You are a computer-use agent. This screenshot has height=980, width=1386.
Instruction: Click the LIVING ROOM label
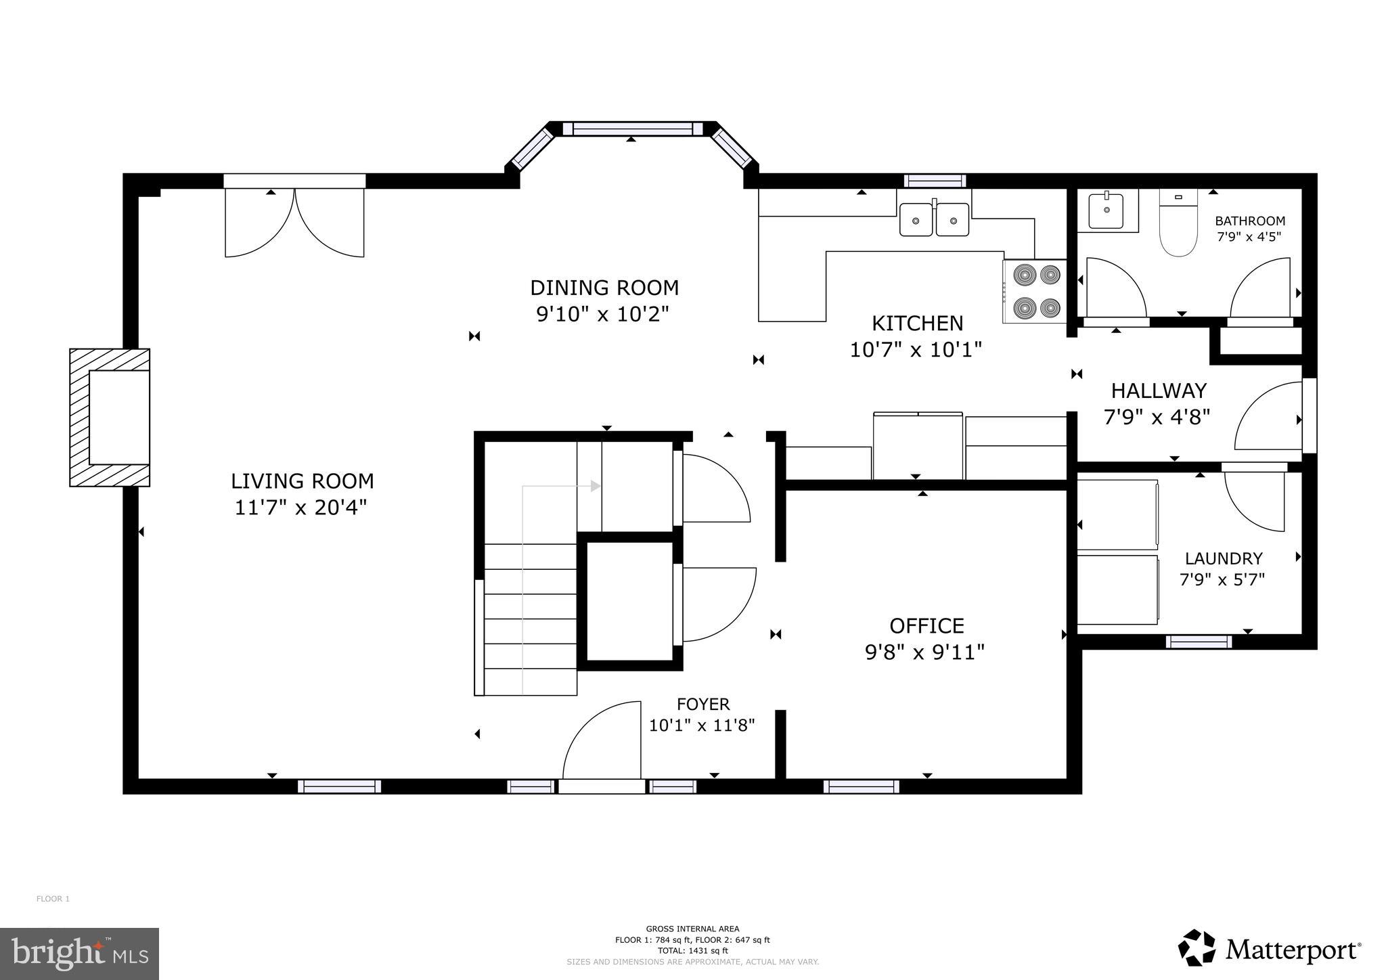302,481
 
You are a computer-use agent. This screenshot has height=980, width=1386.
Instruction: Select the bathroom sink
1106,211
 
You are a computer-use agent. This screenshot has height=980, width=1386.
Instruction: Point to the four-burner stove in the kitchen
1034,292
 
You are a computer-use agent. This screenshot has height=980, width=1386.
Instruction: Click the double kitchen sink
934,219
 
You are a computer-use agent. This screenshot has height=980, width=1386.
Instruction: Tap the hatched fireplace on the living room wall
110,418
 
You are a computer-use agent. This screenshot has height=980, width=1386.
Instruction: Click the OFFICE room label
926,625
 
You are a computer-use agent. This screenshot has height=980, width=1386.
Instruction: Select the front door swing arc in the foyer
601,740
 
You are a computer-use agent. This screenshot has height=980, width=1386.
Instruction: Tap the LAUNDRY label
1223,558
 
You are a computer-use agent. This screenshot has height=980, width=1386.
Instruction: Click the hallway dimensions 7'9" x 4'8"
1157,417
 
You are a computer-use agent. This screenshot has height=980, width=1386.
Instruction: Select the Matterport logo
1269,950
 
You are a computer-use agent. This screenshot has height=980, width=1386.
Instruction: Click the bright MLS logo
79,953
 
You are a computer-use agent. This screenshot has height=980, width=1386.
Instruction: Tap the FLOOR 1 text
53,899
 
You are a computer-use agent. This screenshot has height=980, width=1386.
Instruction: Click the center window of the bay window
633,129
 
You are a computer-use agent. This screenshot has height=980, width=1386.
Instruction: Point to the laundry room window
1199,641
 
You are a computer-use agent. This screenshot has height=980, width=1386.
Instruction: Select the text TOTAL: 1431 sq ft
692,950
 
